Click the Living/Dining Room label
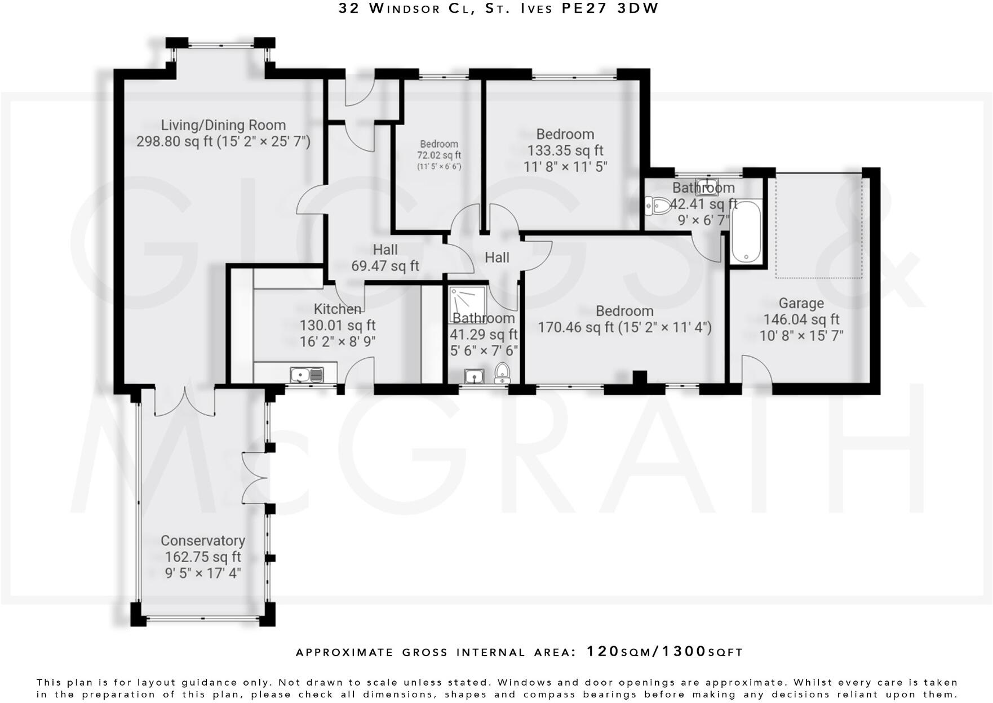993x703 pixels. point(223,125)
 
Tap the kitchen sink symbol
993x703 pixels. point(307,375)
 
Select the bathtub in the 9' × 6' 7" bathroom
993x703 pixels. point(746,232)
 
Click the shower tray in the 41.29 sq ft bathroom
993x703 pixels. point(467,304)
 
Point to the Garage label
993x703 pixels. point(801,304)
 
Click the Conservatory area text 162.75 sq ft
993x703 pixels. point(203,557)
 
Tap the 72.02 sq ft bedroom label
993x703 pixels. point(438,155)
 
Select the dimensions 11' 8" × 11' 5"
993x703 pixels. point(565,167)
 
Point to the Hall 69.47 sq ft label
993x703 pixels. point(385,258)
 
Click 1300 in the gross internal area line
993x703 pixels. point(683,652)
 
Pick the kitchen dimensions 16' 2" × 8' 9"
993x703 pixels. point(338,341)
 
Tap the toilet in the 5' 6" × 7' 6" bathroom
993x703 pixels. point(502,373)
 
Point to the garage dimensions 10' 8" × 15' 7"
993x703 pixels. point(801,336)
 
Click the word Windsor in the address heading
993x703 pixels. point(404,8)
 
